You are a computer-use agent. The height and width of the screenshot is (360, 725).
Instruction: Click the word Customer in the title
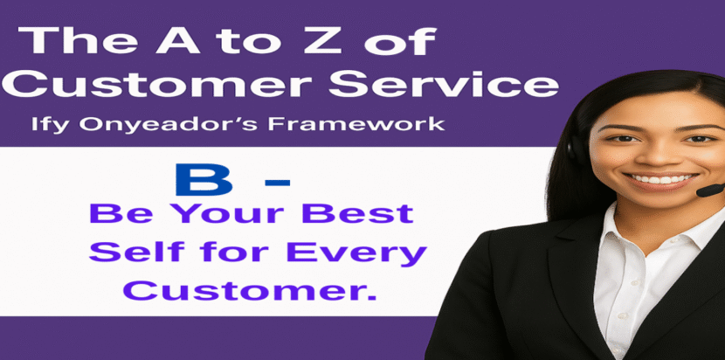[x=162, y=84]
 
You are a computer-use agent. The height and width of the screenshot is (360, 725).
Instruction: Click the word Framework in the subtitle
[x=356, y=124]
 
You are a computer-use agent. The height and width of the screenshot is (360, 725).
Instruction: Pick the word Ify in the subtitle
[x=51, y=126]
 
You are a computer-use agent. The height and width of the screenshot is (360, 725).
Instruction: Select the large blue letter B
[x=204, y=181]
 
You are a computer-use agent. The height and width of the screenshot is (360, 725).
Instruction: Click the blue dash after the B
[x=278, y=183]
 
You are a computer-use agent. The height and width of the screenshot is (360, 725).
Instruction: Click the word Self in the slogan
[x=137, y=253]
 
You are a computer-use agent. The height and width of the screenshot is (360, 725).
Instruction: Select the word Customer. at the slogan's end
[x=250, y=291]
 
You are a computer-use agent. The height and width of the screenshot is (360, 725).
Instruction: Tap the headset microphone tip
[x=711, y=190]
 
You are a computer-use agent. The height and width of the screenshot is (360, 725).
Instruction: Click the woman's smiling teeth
[x=663, y=178]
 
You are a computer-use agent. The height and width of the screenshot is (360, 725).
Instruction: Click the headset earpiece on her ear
[x=573, y=148]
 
